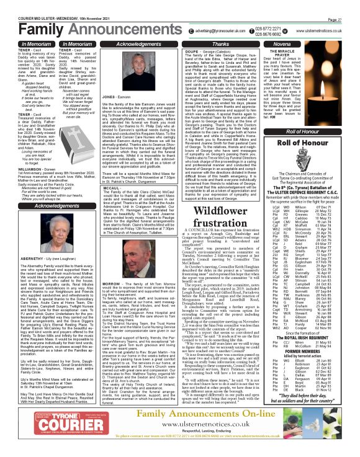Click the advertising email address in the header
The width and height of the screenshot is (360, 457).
click(246, 29)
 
